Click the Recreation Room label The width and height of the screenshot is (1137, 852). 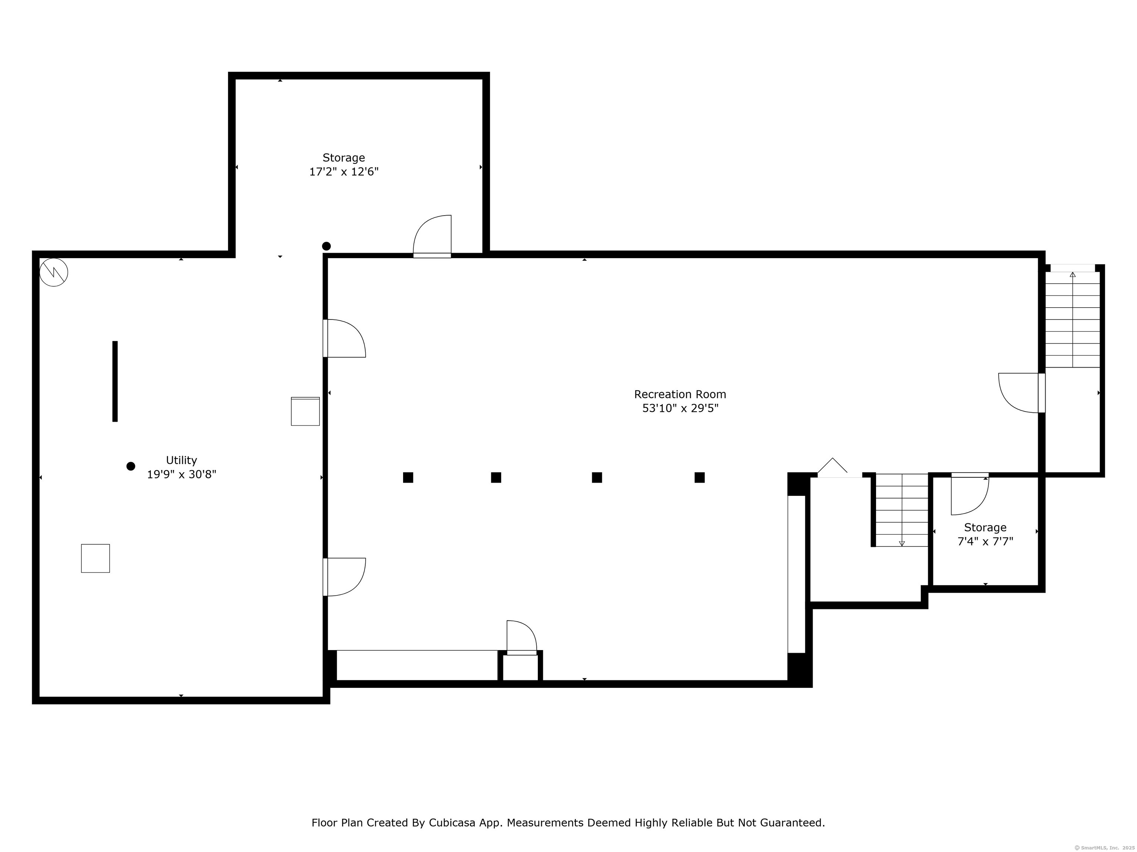[680, 395]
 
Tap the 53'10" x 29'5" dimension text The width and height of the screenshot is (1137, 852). [680, 408]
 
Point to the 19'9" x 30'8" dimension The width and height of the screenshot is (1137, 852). [181, 474]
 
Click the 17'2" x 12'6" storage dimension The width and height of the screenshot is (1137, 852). [343, 172]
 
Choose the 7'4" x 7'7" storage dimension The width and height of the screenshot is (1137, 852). [985, 541]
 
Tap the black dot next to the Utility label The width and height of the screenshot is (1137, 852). [131, 466]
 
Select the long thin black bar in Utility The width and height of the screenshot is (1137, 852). [115, 382]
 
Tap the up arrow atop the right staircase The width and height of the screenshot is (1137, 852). [1073, 275]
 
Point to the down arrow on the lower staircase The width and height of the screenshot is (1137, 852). [902, 543]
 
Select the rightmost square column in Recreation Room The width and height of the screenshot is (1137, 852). [700, 478]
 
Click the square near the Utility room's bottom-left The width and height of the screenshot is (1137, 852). [95, 558]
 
